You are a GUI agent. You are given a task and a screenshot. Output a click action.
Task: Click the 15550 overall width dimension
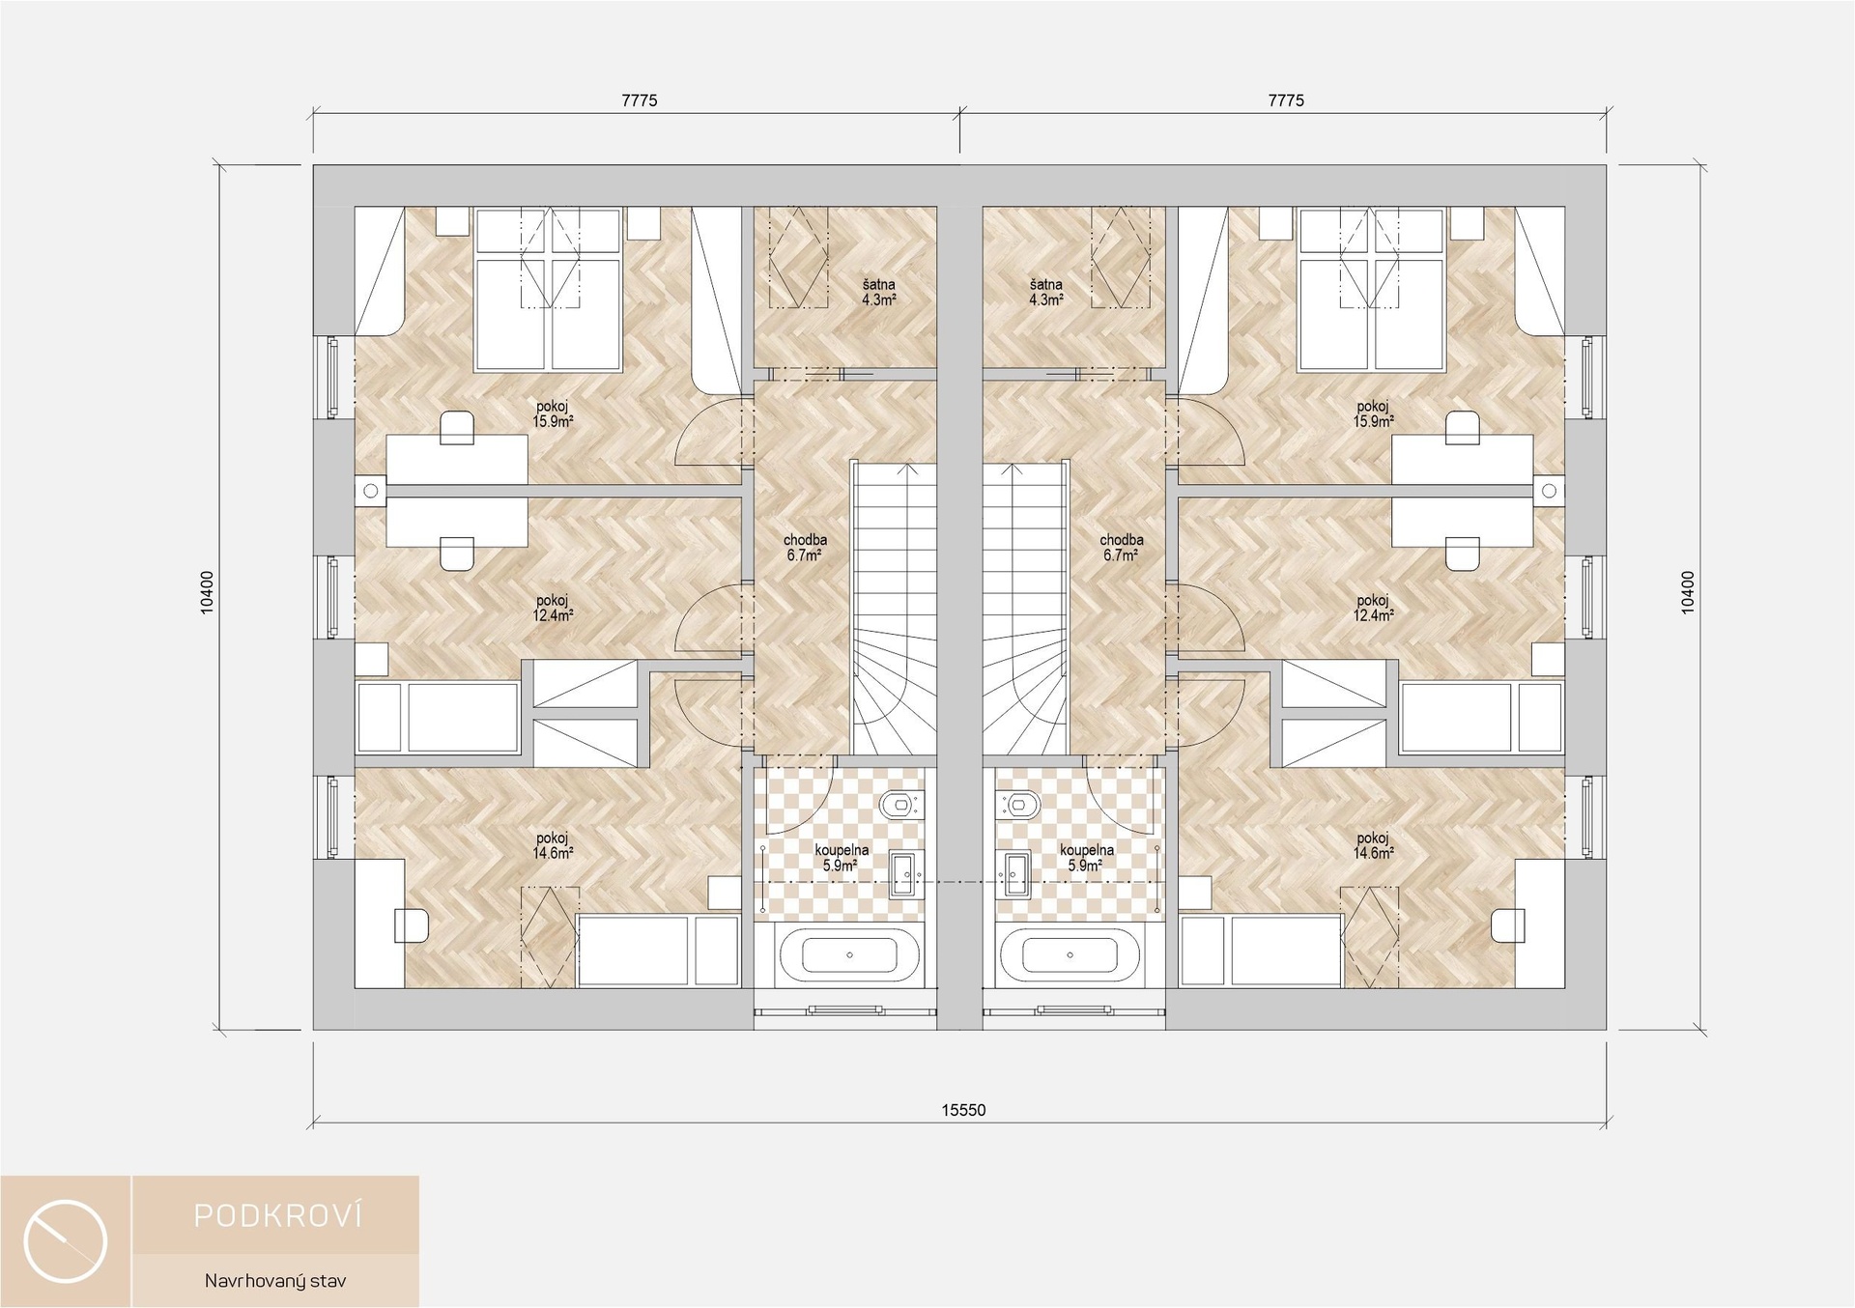pyautogui.click(x=963, y=1110)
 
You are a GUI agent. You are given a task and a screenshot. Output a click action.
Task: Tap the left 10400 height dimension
pyautogui.click(x=207, y=592)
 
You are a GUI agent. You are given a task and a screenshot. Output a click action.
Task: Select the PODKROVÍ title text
pyautogui.click(x=278, y=1215)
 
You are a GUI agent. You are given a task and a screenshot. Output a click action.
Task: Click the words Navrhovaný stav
pyautogui.click(x=275, y=1281)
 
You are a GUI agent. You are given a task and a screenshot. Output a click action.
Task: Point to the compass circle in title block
pyautogui.click(x=66, y=1241)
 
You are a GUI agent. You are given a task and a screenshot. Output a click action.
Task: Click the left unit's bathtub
pyautogui.click(x=849, y=954)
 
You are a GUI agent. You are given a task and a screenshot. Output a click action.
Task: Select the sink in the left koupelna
pyautogui.click(x=905, y=874)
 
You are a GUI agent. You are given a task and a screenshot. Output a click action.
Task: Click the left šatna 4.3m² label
pyautogui.click(x=879, y=293)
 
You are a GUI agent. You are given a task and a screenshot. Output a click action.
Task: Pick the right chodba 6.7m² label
pyautogui.click(x=1121, y=548)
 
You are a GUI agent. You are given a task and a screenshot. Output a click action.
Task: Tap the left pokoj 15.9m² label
pyautogui.click(x=553, y=414)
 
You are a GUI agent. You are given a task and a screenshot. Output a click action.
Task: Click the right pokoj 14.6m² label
pyautogui.click(x=1373, y=846)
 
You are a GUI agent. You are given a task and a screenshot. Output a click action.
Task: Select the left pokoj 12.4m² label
pyautogui.click(x=553, y=608)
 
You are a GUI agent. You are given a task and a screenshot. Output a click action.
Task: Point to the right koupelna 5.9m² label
pyautogui.click(x=1086, y=858)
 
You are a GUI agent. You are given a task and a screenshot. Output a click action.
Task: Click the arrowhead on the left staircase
pyautogui.click(x=907, y=469)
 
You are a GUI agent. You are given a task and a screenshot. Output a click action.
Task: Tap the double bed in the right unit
pyautogui.click(x=1372, y=290)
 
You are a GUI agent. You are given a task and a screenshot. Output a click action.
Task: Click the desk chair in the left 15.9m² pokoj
pyautogui.click(x=457, y=428)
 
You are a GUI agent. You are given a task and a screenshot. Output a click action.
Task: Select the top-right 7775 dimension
pyautogui.click(x=1286, y=100)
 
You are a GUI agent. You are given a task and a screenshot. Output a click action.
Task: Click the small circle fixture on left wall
pyautogui.click(x=371, y=491)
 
